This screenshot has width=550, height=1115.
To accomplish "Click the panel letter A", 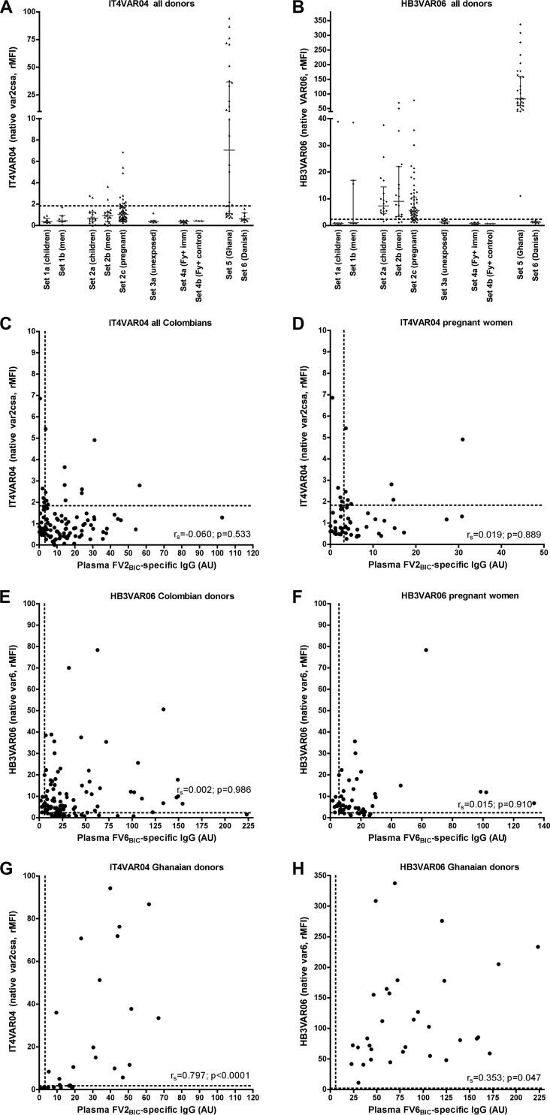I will [7, 7].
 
